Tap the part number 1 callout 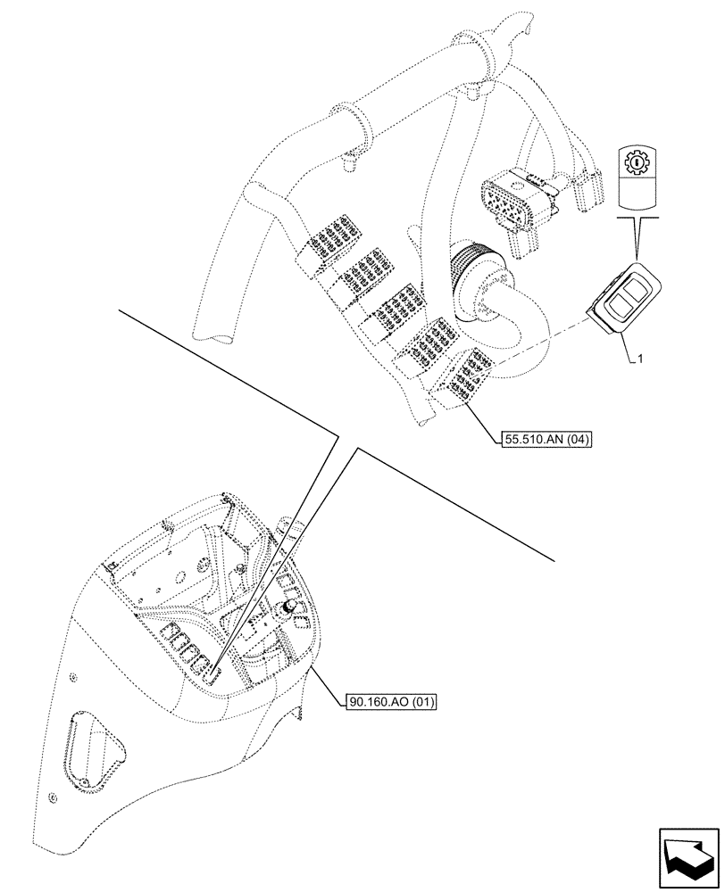[641, 359]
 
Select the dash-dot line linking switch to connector [536, 345]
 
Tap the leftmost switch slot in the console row [169, 635]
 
